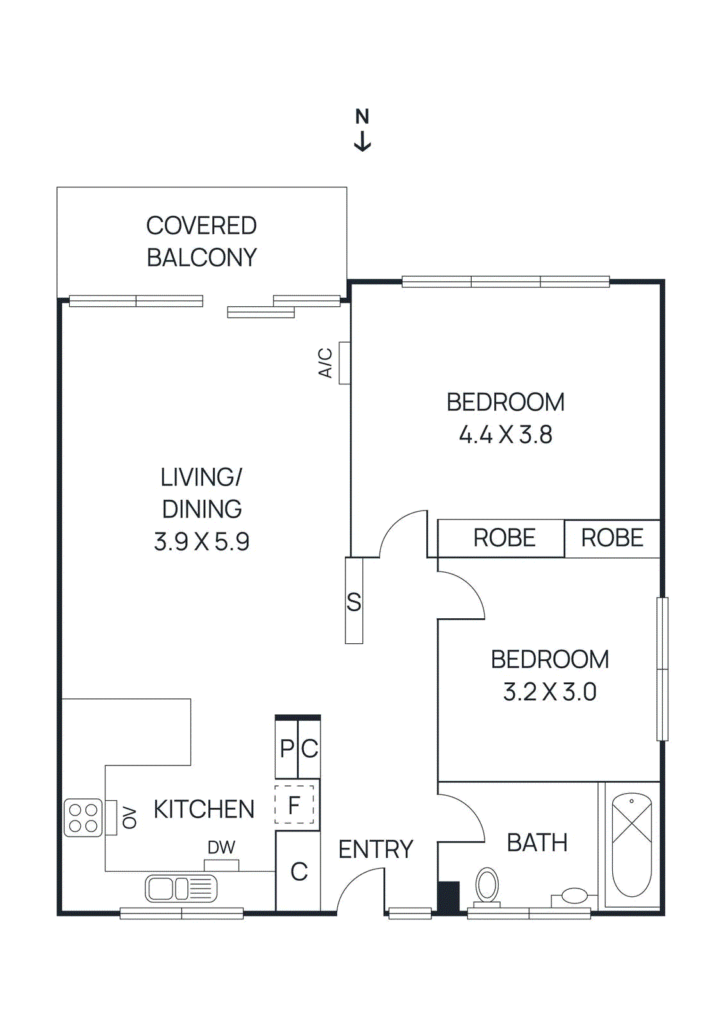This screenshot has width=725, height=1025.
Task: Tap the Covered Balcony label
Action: (201, 242)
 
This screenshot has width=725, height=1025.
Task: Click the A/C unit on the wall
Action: (344, 363)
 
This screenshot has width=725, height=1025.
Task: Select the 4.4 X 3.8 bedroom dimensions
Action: (505, 435)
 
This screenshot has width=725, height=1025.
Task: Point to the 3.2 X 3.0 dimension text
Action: (549, 692)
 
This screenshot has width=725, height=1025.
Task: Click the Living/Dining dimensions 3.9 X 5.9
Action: (201, 542)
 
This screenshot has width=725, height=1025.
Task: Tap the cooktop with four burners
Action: (83, 818)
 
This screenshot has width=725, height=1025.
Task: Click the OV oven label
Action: (129, 818)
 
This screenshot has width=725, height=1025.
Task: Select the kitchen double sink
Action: (181, 889)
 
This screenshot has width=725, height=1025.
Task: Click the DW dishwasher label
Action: (221, 848)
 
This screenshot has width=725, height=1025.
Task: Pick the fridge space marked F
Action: (294, 805)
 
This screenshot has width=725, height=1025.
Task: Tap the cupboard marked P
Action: (287, 748)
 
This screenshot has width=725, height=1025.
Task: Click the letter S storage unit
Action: (354, 601)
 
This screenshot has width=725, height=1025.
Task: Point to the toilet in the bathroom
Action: (487, 886)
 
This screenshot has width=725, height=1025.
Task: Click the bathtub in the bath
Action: (631, 844)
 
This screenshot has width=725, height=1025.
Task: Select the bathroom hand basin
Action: (574, 896)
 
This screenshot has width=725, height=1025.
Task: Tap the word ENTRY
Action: (376, 849)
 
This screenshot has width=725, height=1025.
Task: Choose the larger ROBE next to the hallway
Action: (504, 538)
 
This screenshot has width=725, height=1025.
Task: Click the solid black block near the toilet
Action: (448, 897)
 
